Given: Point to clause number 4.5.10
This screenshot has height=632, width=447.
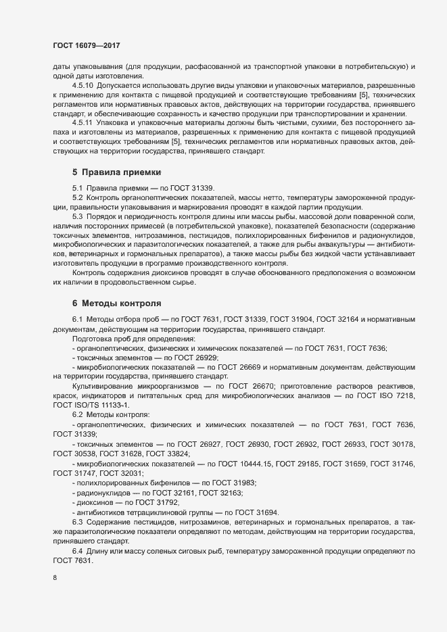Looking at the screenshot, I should [x=84, y=86].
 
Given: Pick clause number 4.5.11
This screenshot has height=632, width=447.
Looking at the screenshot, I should [x=84, y=122].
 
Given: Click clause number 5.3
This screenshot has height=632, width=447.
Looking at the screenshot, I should [x=77, y=216].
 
